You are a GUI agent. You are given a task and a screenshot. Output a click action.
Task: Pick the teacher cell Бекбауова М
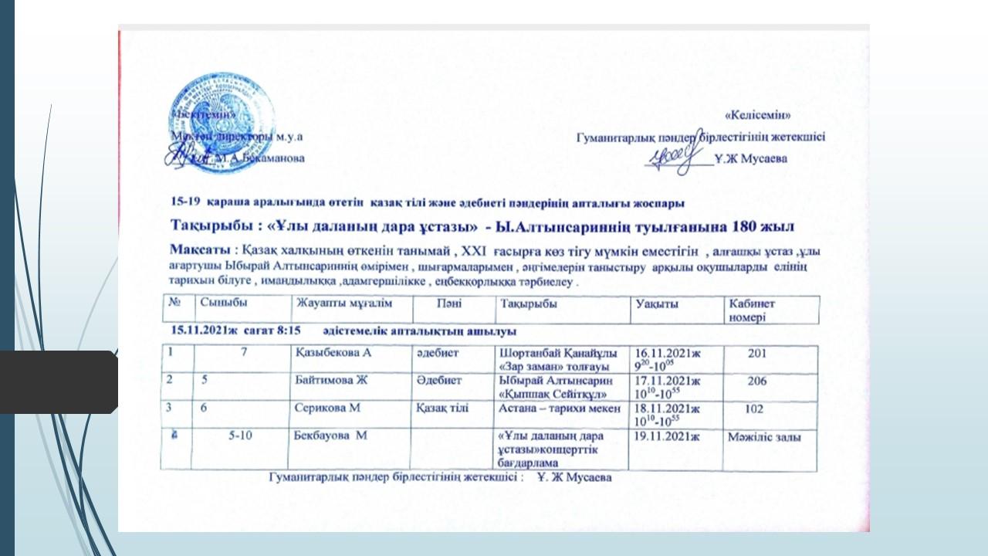click(x=330, y=437)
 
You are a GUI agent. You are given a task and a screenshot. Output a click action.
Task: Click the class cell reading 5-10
click(x=244, y=437)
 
